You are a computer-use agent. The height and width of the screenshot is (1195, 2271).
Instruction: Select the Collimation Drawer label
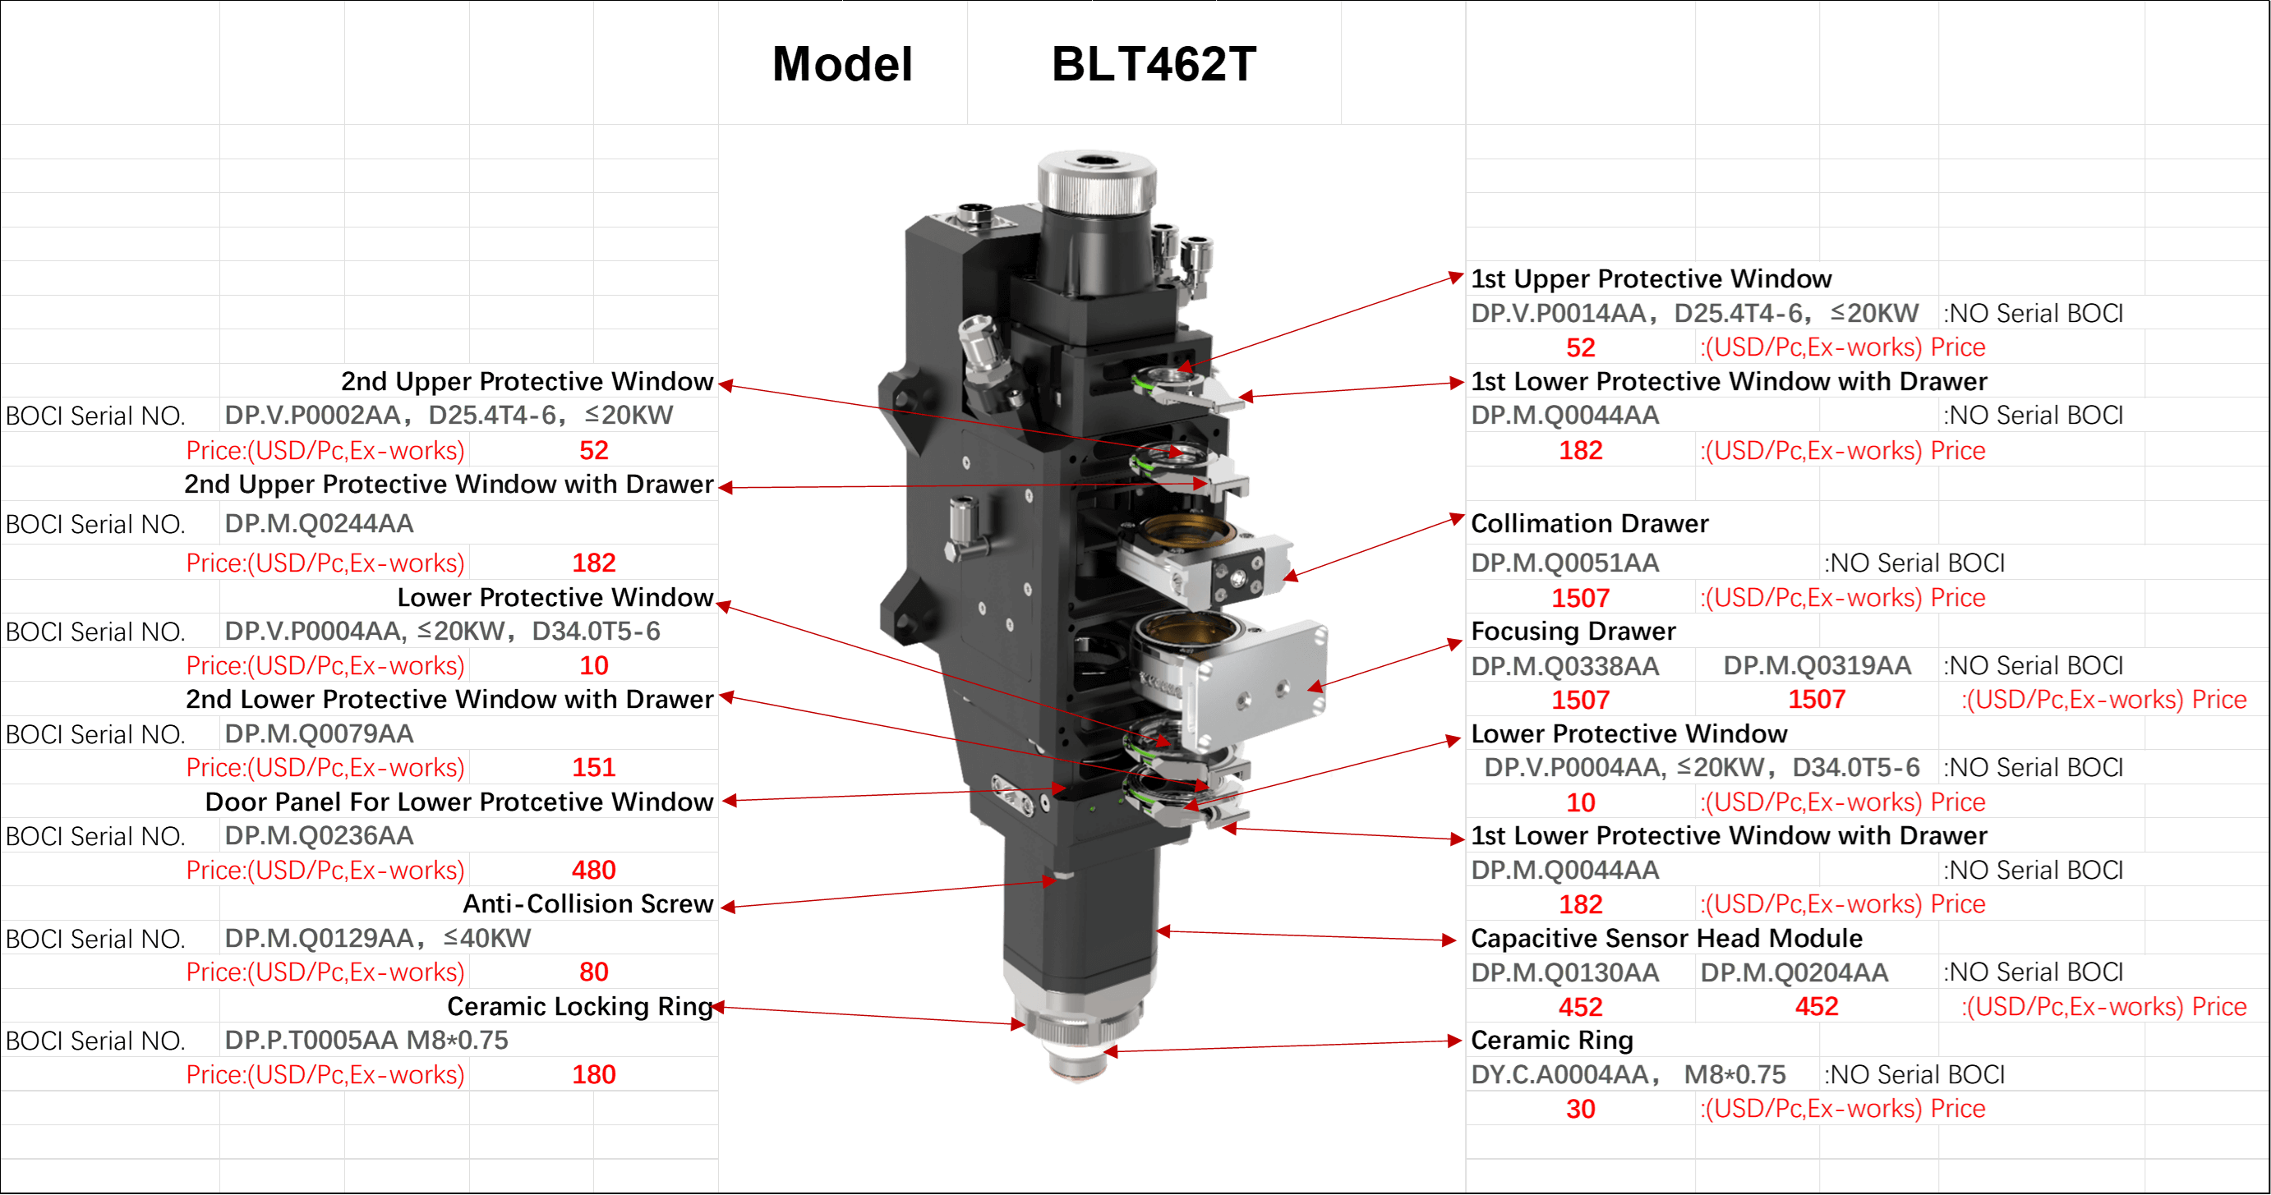pos(1590,523)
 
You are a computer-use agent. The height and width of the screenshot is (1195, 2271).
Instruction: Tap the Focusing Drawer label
pos(1573,631)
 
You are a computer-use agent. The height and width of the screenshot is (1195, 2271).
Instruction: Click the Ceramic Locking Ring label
pos(579,1005)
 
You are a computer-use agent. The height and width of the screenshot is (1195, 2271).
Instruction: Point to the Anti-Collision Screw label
pos(588,903)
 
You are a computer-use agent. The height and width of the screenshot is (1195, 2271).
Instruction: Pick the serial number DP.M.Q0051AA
pos(1565,563)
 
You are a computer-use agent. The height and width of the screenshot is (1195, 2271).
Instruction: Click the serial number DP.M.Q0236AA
pos(319,835)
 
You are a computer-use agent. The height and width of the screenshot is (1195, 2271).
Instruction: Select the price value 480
pos(593,870)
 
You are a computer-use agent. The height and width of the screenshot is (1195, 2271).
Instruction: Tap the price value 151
pos(593,768)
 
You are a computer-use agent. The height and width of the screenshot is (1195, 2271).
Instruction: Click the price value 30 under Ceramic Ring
pos(1580,1109)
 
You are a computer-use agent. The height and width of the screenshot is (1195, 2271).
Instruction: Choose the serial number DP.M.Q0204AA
pos(1794,972)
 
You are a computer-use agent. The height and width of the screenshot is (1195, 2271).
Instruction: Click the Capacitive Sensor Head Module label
pos(1666,938)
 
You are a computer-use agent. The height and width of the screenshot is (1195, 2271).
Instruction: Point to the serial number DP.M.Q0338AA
pos(1565,665)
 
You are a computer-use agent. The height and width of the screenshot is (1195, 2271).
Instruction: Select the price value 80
pos(593,972)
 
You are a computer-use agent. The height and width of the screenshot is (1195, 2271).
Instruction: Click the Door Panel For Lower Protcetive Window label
pos(458,802)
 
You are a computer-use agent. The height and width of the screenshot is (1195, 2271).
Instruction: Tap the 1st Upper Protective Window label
pos(1651,278)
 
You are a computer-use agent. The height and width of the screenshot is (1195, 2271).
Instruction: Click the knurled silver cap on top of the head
pos(1096,182)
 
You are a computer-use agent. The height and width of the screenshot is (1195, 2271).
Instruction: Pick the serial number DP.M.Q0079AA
pos(319,733)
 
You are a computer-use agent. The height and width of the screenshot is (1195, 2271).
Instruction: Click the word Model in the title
pos(842,64)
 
